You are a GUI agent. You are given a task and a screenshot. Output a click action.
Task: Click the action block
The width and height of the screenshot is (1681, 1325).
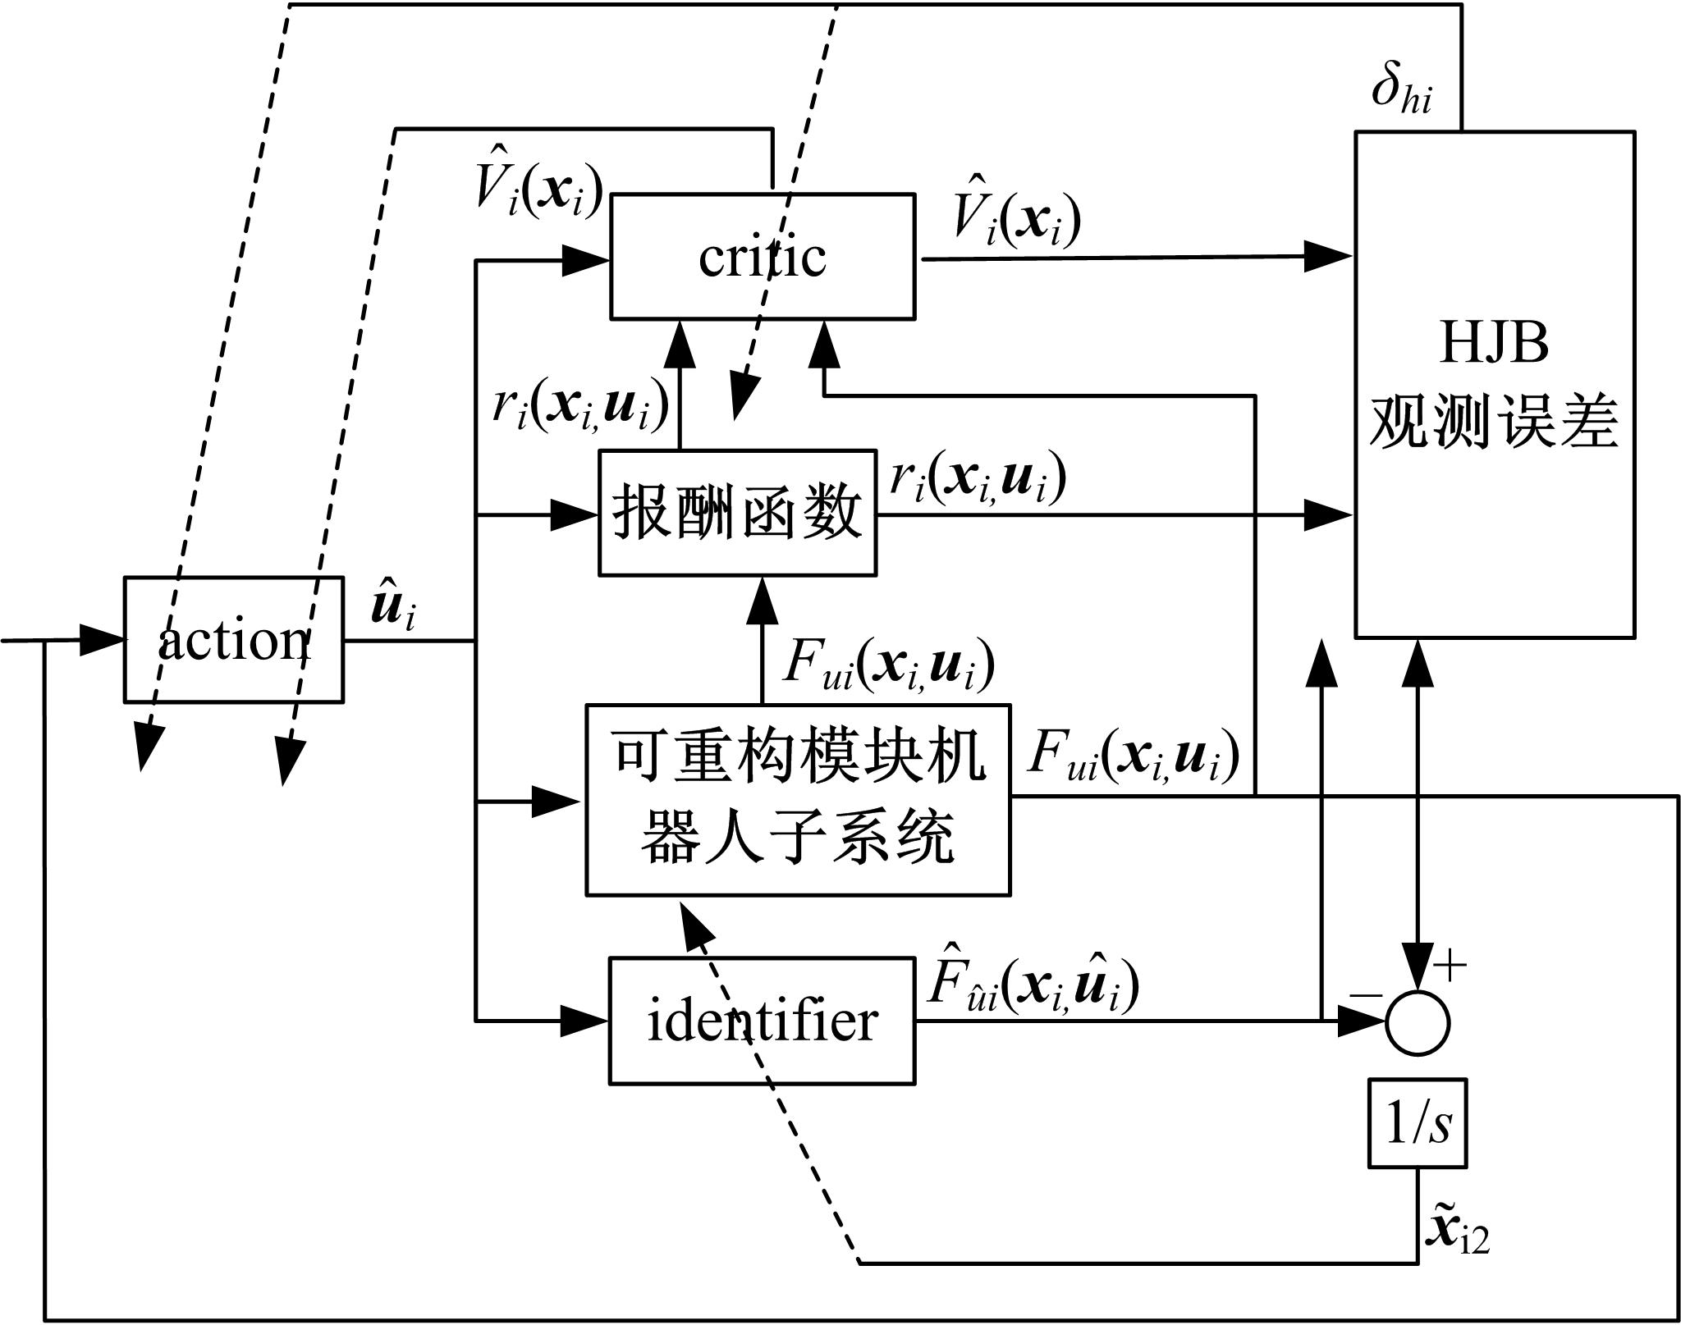(x=234, y=640)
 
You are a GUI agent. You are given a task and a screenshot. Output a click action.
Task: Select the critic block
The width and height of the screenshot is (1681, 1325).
(x=763, y=257)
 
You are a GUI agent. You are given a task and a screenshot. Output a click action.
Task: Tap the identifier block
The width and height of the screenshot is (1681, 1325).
(x=763, y=1021)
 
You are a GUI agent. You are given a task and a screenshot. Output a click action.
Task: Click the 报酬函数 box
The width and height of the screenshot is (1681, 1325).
(x=737, y=513)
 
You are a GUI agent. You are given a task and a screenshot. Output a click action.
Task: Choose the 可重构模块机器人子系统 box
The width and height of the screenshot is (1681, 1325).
(x=798, y=800)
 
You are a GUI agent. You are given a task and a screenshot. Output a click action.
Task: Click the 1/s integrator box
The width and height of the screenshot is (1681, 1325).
(x=1418, y=1123)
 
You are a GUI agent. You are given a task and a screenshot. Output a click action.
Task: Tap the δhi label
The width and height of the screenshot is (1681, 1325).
(x=1402, y=91)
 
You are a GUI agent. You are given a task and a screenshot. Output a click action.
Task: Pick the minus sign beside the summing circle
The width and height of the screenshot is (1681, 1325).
(x=1365, y=995)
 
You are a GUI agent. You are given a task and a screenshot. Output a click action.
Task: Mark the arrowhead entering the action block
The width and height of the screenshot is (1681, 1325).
(x=103, y=640)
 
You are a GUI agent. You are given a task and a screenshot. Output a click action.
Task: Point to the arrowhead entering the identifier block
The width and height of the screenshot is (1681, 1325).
(x=587, y=1021)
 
